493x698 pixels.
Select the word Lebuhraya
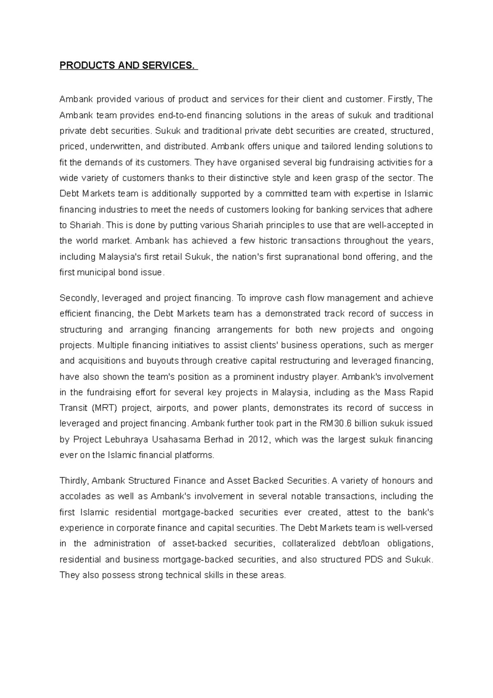[130, 439]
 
